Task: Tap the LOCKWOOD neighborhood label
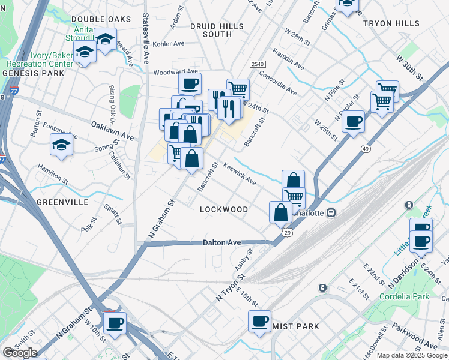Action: [x=224, y=209]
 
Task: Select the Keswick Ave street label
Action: [x=240, y=173]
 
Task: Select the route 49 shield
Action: [x=365, y=148]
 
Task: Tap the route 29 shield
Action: [x=288, y=233]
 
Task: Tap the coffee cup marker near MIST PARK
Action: [x=260, y=321]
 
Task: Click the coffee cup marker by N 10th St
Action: [x=115, y=323]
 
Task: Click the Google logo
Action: [x=20, y=353]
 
